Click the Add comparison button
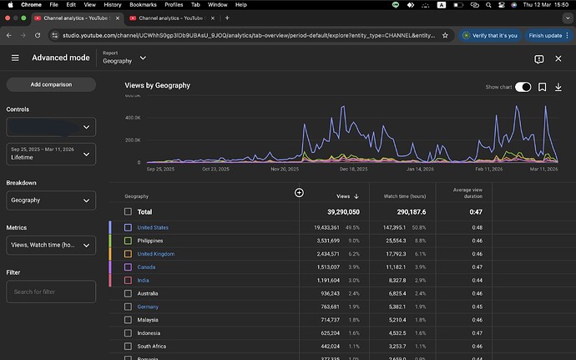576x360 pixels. [51, 84]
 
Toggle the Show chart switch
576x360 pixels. [523, 87]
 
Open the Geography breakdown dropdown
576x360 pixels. [51, 200]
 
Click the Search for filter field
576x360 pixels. [51, 292]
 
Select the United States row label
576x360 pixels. [153, 227]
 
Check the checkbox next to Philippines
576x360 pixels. [128, 241]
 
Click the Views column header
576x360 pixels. [346, 196]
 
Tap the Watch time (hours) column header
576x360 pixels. [402, 196]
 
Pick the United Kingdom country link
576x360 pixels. [156, 254]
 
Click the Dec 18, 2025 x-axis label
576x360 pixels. [353, 169]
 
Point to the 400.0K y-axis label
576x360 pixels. [133, 118]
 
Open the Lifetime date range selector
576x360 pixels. [51, 153]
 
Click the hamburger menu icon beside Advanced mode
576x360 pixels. [15, 58]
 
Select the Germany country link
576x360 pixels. [149, 307]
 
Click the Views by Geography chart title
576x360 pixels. [157, 86]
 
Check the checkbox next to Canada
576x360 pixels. [128, 267]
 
